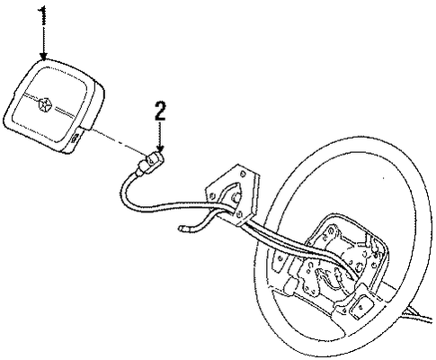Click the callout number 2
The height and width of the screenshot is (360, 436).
[160, 111]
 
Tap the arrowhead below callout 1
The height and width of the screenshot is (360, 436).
[44, 56]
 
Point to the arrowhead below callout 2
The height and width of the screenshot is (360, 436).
[161, 148]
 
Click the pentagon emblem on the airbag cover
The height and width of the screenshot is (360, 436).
[44, 103]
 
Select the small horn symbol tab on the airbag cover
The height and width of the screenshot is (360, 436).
[76, 138]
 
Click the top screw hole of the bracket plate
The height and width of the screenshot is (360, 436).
[242, 174]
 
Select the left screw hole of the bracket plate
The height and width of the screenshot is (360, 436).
[212, 196]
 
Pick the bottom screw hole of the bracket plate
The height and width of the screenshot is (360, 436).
[239, 214]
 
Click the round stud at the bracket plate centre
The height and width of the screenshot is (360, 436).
[236, 197]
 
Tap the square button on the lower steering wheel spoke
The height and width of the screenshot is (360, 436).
[361, 307]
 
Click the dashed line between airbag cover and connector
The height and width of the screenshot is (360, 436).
[118, 142]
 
